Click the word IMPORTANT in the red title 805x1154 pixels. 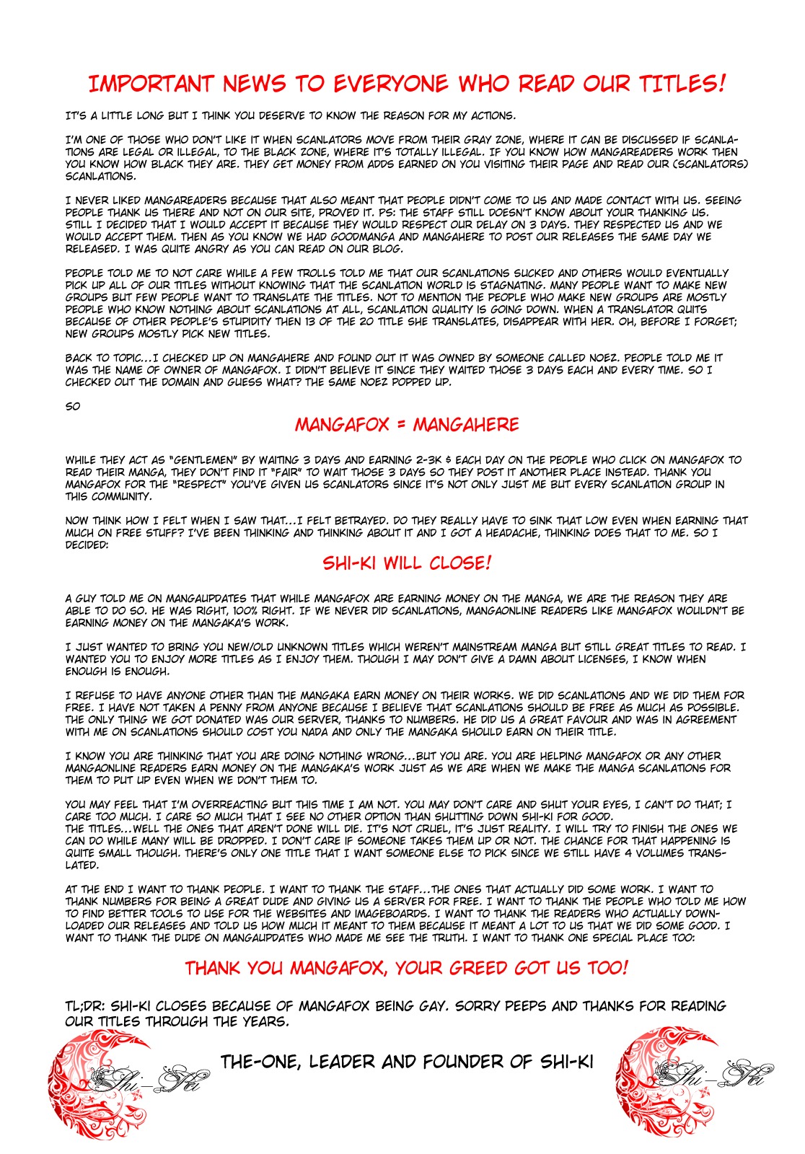pos(151,84)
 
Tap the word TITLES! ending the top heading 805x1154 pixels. pos(680,84)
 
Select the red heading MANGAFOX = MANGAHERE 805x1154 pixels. pos(406,425)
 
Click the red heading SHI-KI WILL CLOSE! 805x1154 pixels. pos(407,563)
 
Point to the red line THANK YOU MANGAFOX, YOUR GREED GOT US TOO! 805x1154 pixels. pos(406,968)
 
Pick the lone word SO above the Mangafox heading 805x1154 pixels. pos(73,407)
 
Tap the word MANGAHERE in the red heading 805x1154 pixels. pos(466,425)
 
